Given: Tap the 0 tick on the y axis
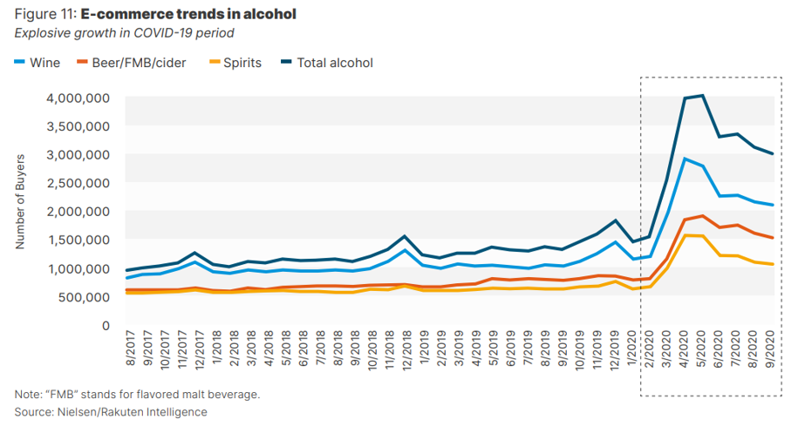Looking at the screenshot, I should click(106, 326).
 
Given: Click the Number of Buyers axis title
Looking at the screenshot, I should click(21, 202).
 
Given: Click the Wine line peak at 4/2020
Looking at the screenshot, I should click(685, 159).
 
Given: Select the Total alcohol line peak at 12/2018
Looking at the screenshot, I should click(405, 236).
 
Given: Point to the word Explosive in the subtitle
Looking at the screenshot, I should click(43, 33).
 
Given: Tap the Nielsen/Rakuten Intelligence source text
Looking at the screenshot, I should click(132, 411).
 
